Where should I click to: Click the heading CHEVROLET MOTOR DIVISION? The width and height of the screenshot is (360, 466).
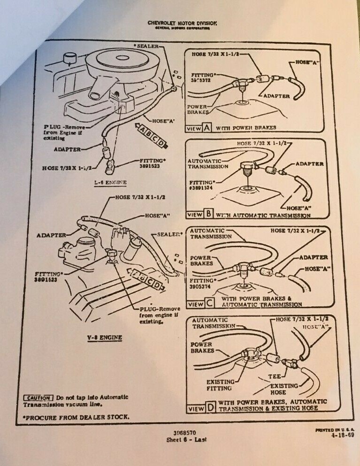182,23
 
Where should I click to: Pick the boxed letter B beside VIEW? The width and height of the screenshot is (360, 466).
208,215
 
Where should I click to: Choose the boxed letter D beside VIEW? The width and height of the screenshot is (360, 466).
209,408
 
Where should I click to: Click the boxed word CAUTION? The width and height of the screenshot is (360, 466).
38,397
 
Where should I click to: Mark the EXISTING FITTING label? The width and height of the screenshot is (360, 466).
220,385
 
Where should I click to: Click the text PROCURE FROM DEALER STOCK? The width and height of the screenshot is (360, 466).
75,416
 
